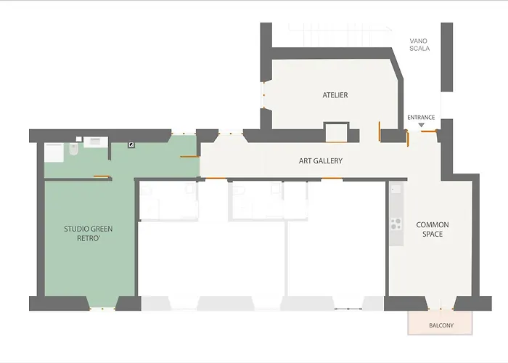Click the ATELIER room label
(x=335, y=95)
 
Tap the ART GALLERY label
(x=321, y=160)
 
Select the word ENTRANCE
(x=421, y=118)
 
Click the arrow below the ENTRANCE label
(x=421, y=125)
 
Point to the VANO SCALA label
(x=419, y=45)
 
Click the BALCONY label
(x=441, y=325)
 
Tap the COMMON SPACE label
(x=433, y=229)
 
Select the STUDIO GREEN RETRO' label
(x=88, y=233)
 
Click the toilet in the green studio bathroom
(x=73, y=149)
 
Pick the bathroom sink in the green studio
(x=96, y=142)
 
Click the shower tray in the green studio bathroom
(x=54, y=152)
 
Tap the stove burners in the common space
(x=396, y=224)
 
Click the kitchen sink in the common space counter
(x=396, y=189)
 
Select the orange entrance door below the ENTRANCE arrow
(x=429, y=131)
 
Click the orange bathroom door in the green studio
(x=102, y=176)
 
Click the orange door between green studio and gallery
(x=189, y=157)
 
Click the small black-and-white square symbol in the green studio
(x=131, y=145)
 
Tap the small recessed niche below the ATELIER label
(x=336, y=132)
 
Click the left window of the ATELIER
(x=263, y=95)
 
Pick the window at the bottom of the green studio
(x=102, y=309)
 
